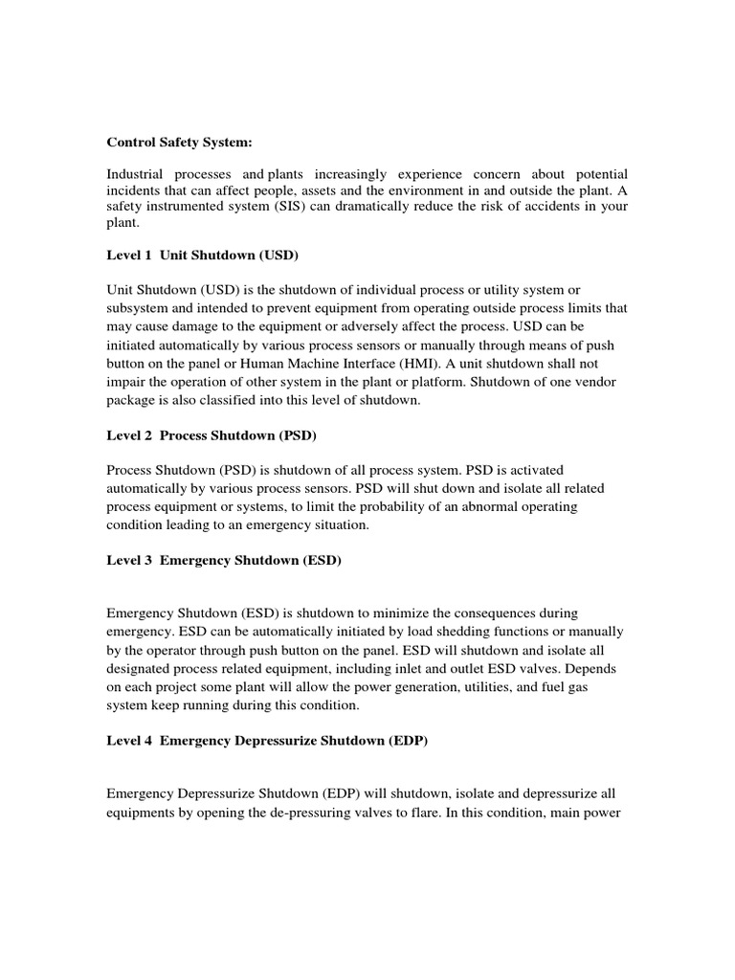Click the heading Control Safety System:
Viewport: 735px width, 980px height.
tap(179, 143)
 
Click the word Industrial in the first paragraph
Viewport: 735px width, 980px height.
tap(135, 174)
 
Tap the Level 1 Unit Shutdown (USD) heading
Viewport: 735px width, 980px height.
tap(203, 256)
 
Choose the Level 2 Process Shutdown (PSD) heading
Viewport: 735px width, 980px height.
tap(211, 435)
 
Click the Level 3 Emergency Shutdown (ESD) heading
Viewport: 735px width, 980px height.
tap(223, 560)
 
